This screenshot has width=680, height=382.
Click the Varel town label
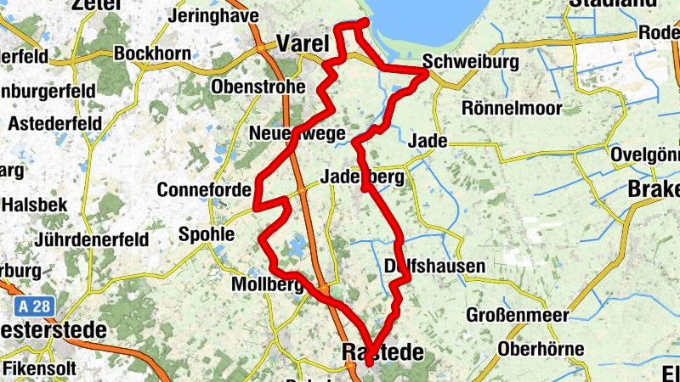coord(303,43)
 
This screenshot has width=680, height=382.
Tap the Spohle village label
coord(207,233)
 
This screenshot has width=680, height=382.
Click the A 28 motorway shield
coord(32,304)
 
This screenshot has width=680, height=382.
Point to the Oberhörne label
coord(541,349)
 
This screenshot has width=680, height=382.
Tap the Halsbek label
coord(33,205)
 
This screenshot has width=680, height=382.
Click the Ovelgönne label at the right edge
coord(646,155)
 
